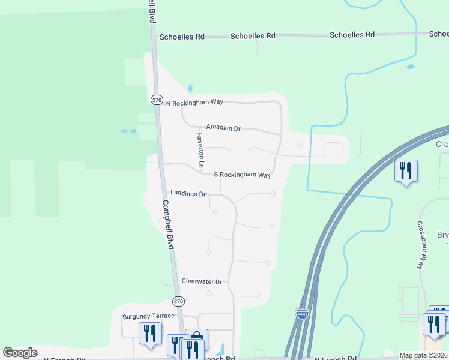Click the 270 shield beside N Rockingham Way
[157, 100]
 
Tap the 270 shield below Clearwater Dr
[178, 301]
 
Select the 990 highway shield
[302, 313]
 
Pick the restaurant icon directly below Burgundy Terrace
[150, 333]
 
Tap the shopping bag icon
[196, 339]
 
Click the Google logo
[20, 353]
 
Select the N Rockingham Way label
[194, 103]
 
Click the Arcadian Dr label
[223, 128]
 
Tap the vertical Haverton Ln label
[201, 151]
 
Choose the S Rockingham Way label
[243, 175]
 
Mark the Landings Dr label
[188, 194]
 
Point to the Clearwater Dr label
[202, 281]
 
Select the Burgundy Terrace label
[148, 316]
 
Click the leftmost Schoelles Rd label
[182, 37]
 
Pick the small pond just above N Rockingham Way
[190, 89]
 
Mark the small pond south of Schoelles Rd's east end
[410, 67]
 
